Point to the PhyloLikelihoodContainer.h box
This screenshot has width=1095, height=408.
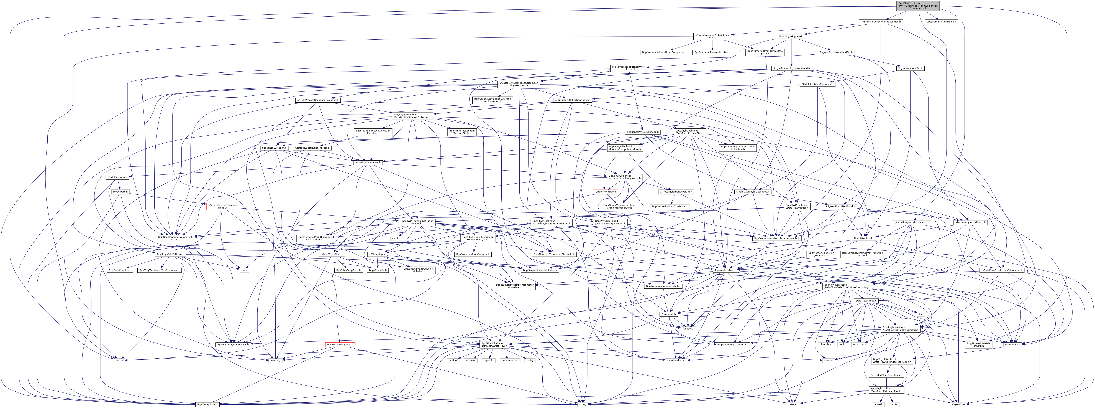817,84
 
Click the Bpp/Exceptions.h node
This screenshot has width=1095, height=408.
207,404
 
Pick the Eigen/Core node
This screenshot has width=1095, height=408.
958,404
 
